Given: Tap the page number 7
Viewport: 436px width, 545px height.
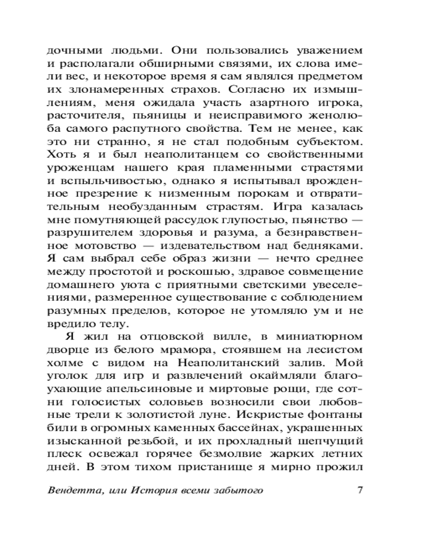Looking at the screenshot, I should tap(359, 490).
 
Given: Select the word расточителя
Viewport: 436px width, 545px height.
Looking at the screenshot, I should tap(81, 116).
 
